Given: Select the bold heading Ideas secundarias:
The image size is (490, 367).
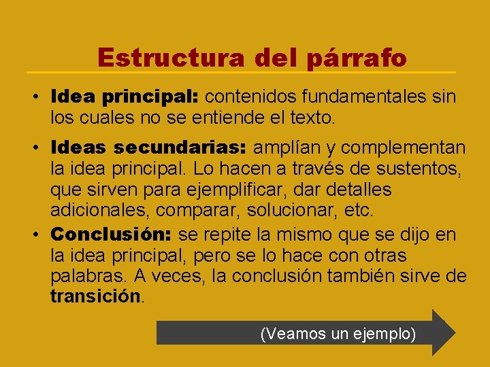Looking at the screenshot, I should point(150,147).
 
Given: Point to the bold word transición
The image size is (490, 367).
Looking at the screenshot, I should point(95,296).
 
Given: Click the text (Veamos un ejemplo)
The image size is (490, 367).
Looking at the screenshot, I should point(338,334).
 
